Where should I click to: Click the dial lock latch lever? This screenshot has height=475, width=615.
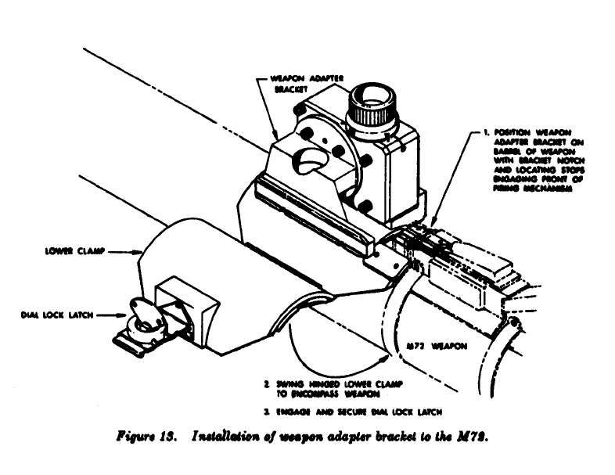tap(142, 314)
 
